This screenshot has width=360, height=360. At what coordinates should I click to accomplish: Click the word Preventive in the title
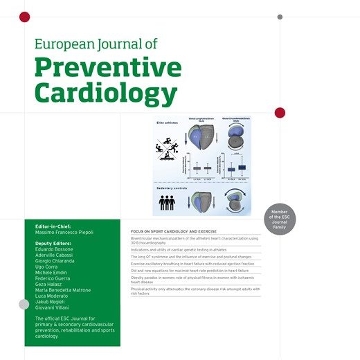pos(107,68)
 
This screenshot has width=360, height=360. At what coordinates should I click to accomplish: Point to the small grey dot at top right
pos(280,16)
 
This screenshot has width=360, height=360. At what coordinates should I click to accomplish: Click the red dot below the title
pos(280,113)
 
